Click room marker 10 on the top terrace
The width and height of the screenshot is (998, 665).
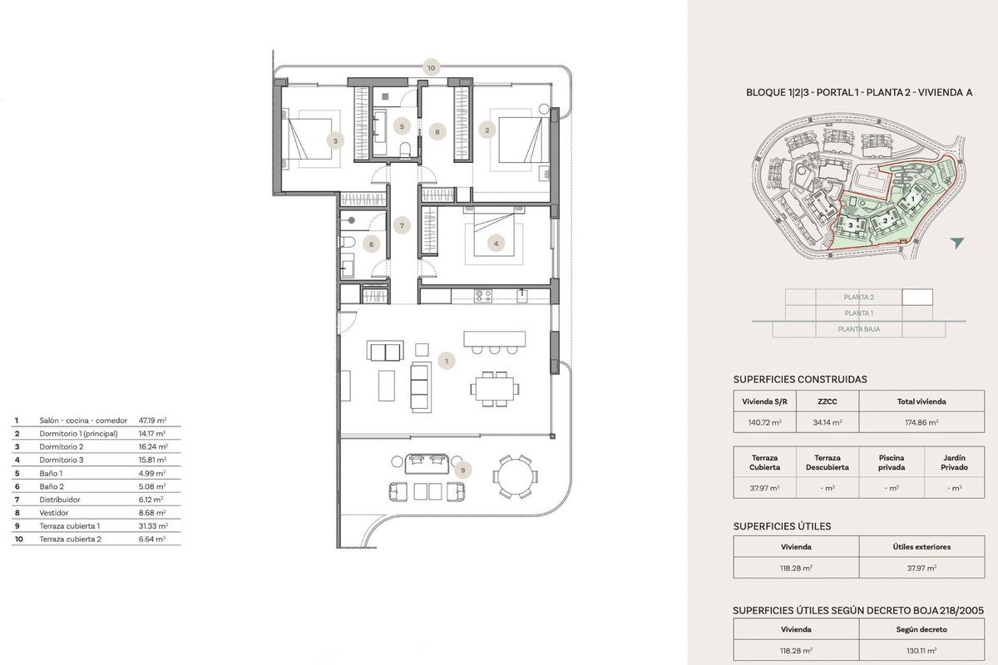pos(431,68)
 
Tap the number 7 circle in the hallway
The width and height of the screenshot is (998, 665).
pos(402,225)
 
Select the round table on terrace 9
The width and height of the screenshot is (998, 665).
pos(515,476)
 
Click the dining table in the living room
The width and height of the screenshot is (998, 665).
pos(494,389)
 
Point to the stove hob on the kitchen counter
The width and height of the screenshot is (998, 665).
pos(483,296)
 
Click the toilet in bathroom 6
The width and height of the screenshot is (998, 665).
pos(348,242)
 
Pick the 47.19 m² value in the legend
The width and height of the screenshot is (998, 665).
pos(152,421)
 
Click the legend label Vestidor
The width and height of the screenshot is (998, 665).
pos(54,513)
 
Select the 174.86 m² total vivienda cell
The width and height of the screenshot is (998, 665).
pos(921,422)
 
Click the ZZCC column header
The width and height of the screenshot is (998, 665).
pos(827,401)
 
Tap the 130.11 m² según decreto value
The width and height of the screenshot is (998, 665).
pos(921,651)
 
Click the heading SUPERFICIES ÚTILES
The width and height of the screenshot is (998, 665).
pos(782,526)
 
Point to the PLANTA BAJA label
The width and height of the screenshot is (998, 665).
pos(858,329)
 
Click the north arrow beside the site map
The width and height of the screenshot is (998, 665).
pos(957,243)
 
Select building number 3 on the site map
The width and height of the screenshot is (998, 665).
pos(850,225)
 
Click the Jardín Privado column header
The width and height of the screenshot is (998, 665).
pos(955,462)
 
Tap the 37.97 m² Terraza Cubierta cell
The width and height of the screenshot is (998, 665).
pos(764,488)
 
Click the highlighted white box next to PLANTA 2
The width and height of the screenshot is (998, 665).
pos(917,297)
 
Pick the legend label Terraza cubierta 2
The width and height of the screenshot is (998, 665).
pos(71,539)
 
